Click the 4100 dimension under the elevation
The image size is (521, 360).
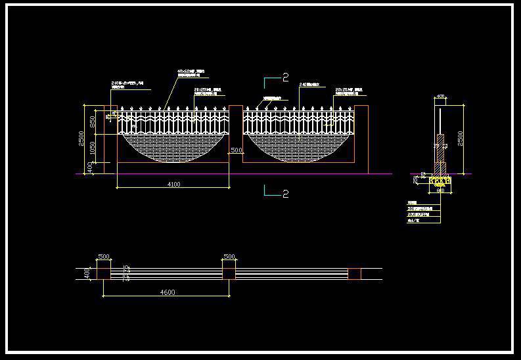point(173,185)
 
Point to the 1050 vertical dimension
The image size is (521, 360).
point(93,148)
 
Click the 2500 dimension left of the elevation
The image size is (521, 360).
point(81,139)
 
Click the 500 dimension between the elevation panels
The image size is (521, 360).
point(237,150)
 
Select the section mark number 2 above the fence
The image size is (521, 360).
point(285,78)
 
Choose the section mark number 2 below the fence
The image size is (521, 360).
point(285,194)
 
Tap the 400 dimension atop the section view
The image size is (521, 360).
point(440,97)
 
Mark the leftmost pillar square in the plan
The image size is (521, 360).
point(104,273)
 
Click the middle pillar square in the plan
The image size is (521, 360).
point(229,273)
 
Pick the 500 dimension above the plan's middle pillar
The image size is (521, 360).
point(229,256)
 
